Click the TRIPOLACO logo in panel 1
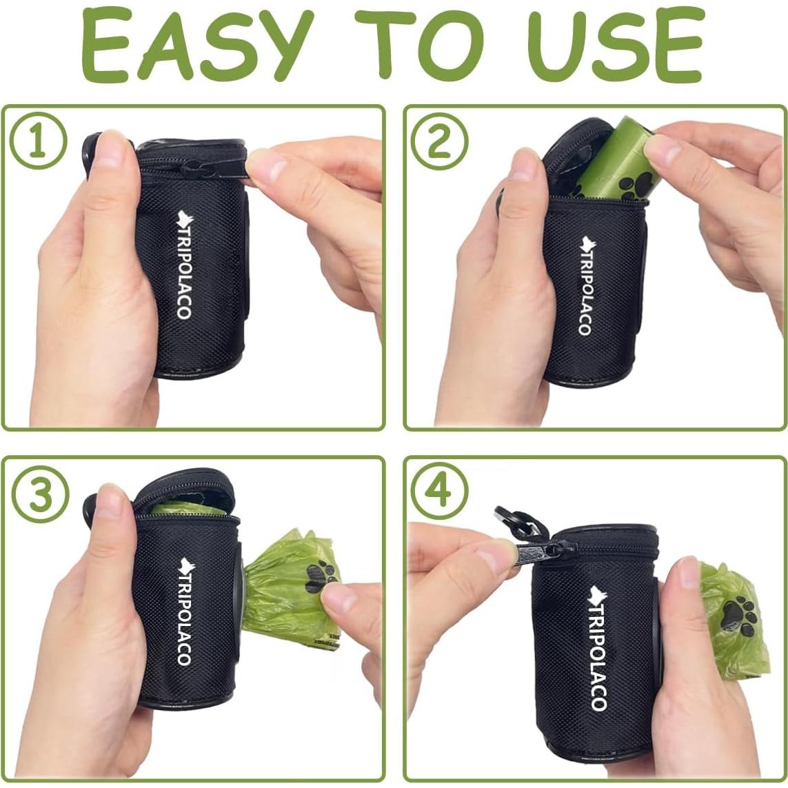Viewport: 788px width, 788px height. [x=184, y=265]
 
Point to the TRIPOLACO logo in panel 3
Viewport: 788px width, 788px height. [x=184, y=611]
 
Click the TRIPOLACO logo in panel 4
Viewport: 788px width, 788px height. [x=597, y=648]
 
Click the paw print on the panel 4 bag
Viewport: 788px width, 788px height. [x=738, y=614]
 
